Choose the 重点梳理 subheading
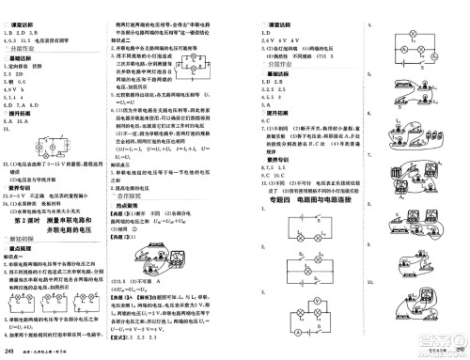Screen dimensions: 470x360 [x=23, y=250]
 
